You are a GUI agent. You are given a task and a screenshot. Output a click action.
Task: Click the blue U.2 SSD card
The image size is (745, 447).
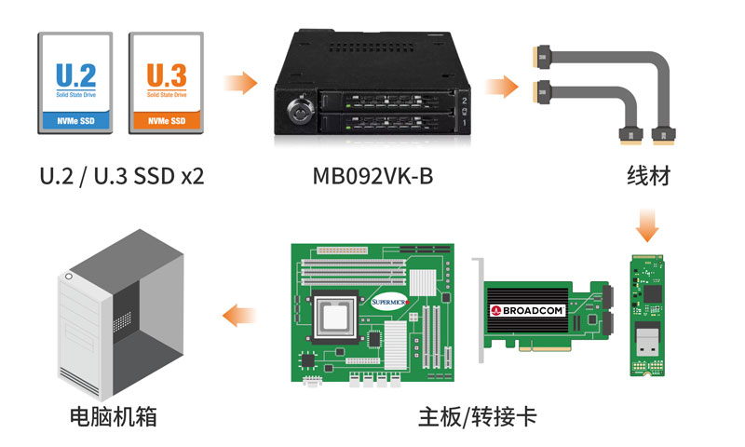tap(75, 83)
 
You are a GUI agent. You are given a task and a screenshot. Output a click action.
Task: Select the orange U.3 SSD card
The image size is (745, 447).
tap(167, 83)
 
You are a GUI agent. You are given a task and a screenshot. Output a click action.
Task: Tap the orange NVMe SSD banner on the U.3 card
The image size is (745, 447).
tap(167, 121)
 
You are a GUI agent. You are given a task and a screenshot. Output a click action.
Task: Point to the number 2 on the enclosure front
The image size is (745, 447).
tap(464, 101)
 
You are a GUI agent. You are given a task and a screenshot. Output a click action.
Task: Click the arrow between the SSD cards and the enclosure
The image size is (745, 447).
tap(240, 83)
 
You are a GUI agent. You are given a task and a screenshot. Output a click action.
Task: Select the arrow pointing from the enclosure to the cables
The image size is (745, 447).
tap(501, 87)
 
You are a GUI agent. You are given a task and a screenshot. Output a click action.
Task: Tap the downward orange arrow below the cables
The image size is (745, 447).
tap(647, 224)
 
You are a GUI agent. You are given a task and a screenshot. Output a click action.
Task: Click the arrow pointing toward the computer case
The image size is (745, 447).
tap(239, 315)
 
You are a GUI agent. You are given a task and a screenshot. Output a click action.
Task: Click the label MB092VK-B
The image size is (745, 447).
tap(373, 176)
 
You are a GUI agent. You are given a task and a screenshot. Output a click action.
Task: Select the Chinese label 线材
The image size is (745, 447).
tap(648, 176)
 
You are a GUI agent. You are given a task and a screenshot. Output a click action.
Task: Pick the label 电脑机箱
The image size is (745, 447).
tap(114, 416)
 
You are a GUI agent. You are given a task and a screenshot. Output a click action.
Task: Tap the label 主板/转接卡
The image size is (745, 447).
tap(478, 416)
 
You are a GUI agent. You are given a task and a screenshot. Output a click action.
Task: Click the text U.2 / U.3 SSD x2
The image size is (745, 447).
tap(122, 176)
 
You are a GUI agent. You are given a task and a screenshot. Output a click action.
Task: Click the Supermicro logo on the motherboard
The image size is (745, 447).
tap(389, 302)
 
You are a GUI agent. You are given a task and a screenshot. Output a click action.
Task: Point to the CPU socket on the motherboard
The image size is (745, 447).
tap(335, 317)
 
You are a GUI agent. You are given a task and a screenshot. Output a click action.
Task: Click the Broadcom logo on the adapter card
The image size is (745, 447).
tap(527, 311)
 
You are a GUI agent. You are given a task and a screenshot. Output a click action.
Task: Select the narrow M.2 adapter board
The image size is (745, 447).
tap(647, 316)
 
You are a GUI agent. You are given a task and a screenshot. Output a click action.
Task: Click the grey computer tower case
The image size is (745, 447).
tap(121, 315)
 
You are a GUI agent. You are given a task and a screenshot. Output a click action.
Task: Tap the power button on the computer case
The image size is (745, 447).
tap(69, 276)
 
